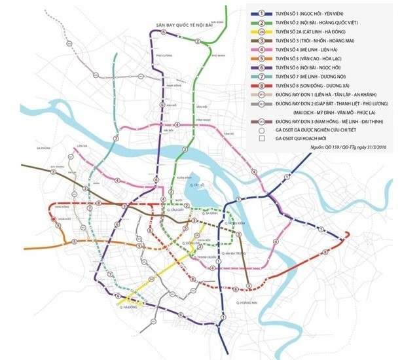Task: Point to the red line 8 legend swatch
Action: [x=262, y=84]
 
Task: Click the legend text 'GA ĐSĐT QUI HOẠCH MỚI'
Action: [x=308, y=139]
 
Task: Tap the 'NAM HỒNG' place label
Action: [x=173, y=86]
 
